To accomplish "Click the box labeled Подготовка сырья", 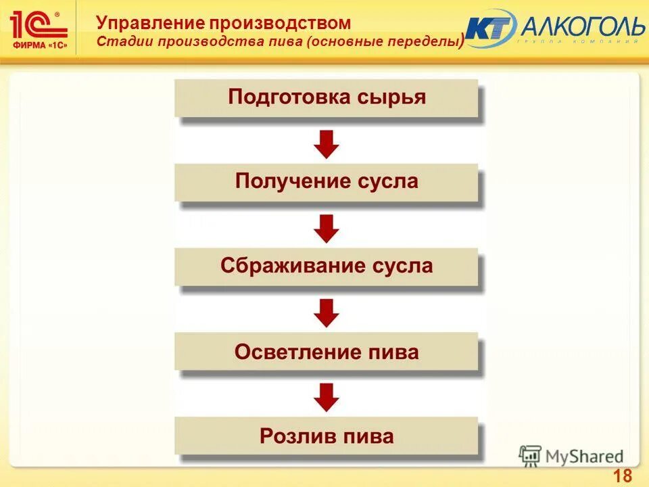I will (327, 98).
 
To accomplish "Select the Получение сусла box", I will (327, 182).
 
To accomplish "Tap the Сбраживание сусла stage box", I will (327, 266).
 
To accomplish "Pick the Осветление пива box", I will (327, 352).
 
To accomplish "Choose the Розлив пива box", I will (327, 436).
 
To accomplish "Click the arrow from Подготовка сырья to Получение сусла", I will (327, 143).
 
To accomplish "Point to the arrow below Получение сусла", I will (327, 228).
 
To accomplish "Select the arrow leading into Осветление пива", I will (327, 312).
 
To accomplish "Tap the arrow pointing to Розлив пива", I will (327, 397).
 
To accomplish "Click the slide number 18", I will (622, 475).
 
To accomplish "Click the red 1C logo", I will (39, 24).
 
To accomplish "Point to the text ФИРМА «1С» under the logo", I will (40, 45).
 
